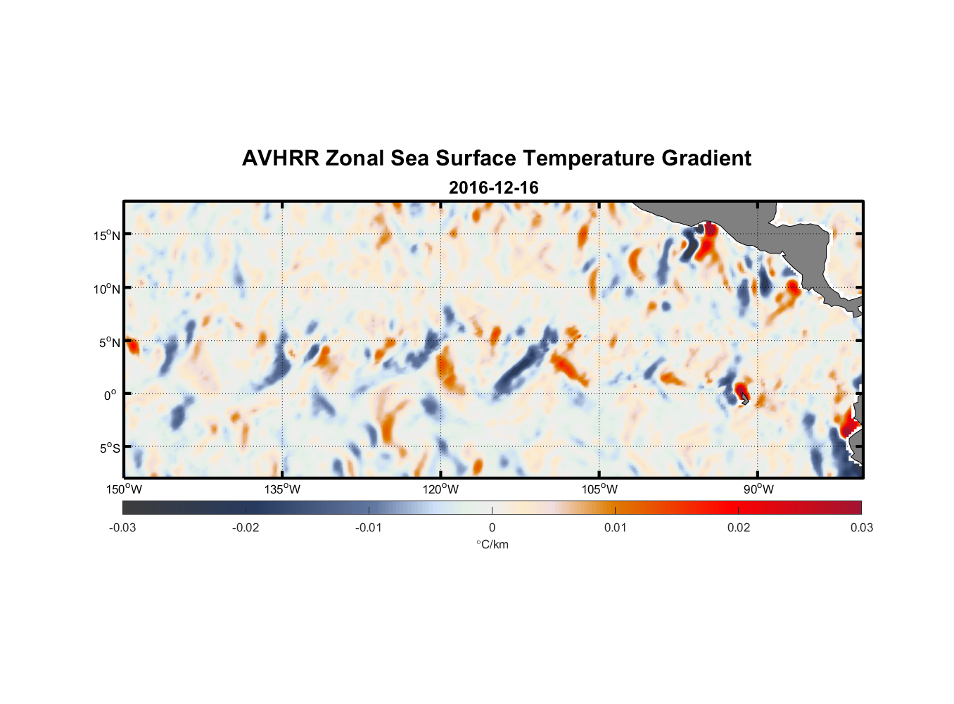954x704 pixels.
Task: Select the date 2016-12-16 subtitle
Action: coord(493,187)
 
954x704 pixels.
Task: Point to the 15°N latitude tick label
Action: coord(107,235)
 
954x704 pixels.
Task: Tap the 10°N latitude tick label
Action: coord(107,289)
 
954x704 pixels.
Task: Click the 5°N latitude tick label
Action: coord(109,343)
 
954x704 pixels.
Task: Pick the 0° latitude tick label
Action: coord(111,396)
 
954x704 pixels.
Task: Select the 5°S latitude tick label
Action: coord(109,448)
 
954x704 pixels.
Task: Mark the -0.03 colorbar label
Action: coord(122,527)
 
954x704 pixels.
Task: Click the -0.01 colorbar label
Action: coord(369,527)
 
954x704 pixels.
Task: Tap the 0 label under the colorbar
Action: coord(492,527)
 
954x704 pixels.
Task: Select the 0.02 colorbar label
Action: coord(739,527)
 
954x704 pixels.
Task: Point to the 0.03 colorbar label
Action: coord(861,527)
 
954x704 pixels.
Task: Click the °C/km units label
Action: coord(492,544)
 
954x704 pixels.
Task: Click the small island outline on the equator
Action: coord(744,398)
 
